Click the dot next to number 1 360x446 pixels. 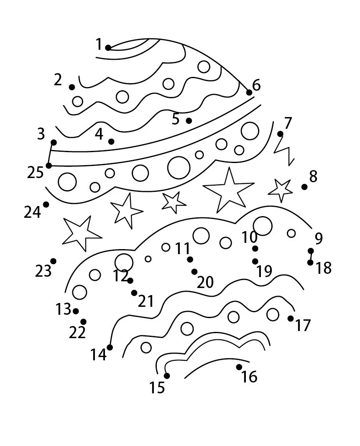(x=108, y=48)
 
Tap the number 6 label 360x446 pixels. (x=256, y=85)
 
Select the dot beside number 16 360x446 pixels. (x=239, y=367)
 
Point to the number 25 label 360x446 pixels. (x=35, y=173)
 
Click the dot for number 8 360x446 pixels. (x=304, y=187)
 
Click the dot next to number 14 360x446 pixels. (x=110, y=347)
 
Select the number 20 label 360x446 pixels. (x=205, y=282)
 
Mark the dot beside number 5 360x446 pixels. (x=189, y=121)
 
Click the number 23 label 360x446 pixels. (x=43, y=271)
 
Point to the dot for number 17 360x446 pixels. (x=291, y=318)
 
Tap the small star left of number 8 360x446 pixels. (x=280, y=190)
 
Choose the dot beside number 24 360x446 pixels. (x=46, y=204)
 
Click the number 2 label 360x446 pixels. (x=58, y=80)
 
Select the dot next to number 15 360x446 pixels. (x=167, y=376)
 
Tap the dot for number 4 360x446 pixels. (x=111, y=141)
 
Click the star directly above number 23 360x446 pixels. (x=81, y=233)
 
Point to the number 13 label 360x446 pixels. (x=63, y=309)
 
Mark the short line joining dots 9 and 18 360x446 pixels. (x=311, y=257)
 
